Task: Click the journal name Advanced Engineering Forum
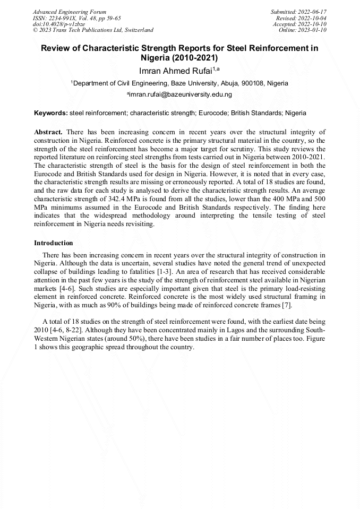coord(69,12)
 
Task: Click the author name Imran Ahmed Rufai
coord(176,71)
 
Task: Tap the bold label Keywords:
coord(51,113)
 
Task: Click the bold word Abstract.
coord(48,132)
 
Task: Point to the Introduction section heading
coord(54,243)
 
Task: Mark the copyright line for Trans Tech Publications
coord(93,30)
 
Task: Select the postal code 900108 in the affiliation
coord(252,83)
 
